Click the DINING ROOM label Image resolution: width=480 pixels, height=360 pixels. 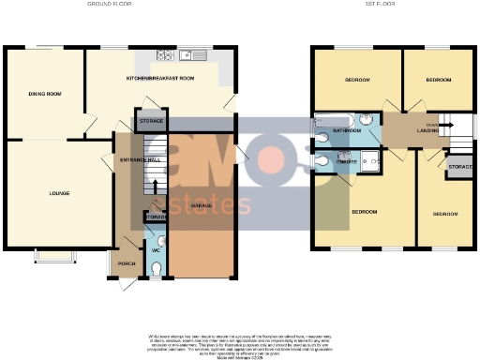[x=43, y=94]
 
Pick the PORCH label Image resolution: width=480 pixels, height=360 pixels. [x=126, y=263]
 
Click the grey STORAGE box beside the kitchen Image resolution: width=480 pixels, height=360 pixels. [x=151, y=122]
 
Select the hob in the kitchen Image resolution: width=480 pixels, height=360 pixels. [x=167, y=53]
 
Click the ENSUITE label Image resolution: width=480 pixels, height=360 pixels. [x=346, y=161]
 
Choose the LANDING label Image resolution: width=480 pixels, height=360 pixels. [x=428, y=131]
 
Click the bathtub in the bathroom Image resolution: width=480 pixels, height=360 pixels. [x=331, y=119]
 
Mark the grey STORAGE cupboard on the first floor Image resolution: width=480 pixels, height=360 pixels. [x=459, y=167]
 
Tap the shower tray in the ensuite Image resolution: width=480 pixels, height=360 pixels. [x=370, y=160]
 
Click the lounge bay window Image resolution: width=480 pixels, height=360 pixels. [x=52, y=256]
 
